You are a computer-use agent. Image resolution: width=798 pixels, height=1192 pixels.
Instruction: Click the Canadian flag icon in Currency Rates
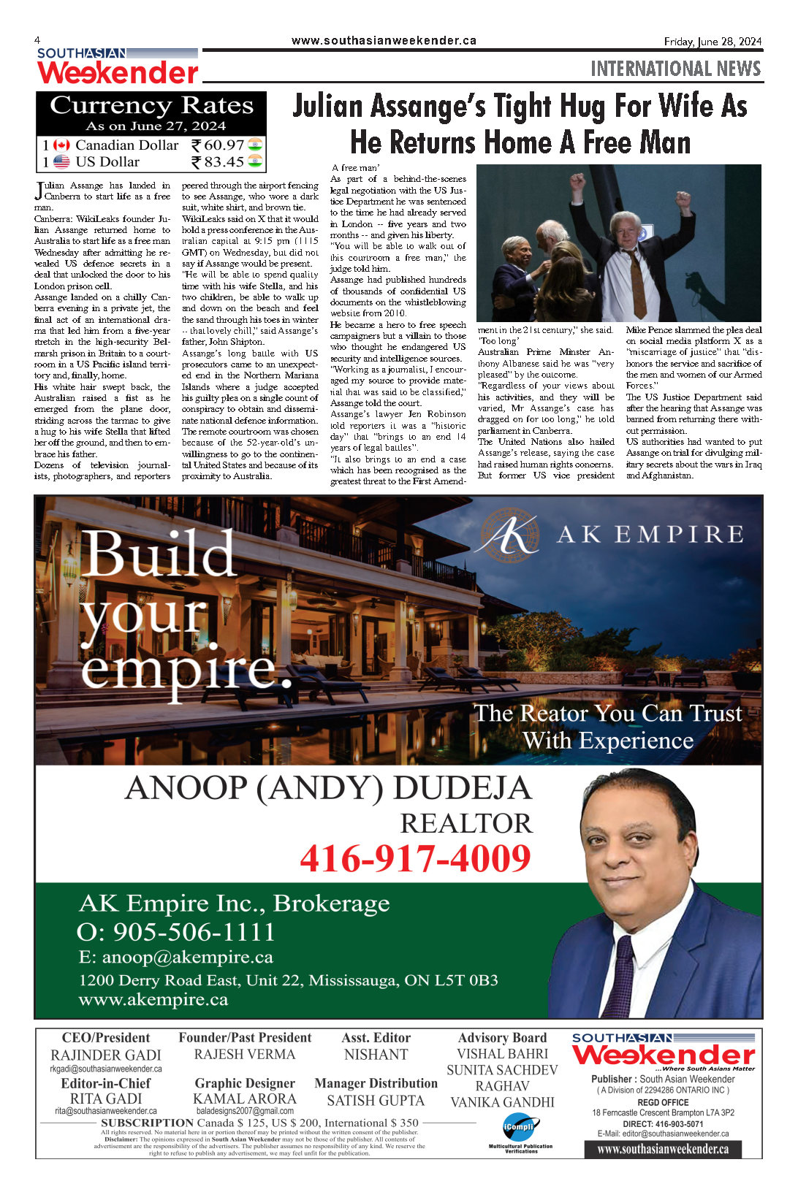point(62,145)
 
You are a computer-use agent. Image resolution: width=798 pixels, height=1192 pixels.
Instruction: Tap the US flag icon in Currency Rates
point(62,162)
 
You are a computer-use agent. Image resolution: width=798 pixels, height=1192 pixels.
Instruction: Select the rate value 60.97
point(224,145)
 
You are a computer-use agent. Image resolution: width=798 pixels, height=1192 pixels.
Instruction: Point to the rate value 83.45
point(224,162)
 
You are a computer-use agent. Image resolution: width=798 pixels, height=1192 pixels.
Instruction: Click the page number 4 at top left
point(37,40)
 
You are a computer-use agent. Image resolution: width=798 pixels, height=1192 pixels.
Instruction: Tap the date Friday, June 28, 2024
point(712,42)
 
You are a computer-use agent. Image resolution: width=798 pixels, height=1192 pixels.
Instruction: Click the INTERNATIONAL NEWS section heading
point(675,69)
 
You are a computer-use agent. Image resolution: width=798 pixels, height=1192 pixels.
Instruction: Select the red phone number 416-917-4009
point(415,857)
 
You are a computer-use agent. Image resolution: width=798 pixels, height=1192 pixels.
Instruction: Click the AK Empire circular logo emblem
point(507,535)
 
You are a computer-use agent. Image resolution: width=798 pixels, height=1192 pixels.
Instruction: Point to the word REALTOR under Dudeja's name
point(466,823)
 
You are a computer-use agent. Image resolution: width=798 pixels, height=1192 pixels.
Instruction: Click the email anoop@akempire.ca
point(176,957)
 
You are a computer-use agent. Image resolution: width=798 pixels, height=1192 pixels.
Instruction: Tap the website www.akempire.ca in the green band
point(153,999)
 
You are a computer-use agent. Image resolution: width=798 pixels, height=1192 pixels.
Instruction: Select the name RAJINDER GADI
point(106,1055)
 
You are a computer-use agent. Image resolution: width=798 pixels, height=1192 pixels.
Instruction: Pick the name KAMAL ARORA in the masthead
point(245,1099)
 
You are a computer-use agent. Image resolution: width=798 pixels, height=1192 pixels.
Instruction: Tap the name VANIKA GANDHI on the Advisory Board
point(502,1102)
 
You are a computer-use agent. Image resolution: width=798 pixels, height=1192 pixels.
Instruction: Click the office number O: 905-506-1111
point(176,932)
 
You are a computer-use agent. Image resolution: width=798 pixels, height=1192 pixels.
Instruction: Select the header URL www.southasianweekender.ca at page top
point(384,41)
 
